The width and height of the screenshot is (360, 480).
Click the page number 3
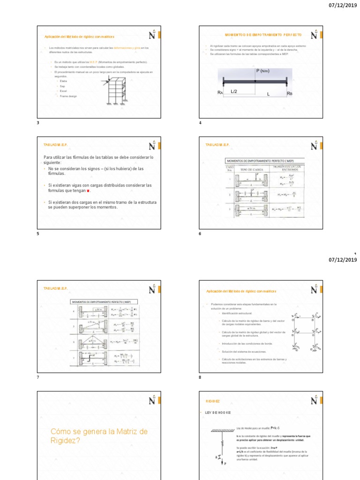point(38,123)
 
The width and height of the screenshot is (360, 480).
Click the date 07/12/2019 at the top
point(343,6)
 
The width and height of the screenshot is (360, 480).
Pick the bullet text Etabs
point(63,81)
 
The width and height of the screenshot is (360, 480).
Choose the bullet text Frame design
point(68,96)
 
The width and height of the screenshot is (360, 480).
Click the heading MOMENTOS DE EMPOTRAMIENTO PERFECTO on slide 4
point(263,35)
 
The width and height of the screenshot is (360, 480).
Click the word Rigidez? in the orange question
point(66,440)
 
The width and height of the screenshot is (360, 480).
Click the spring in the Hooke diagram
point(222,442)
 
